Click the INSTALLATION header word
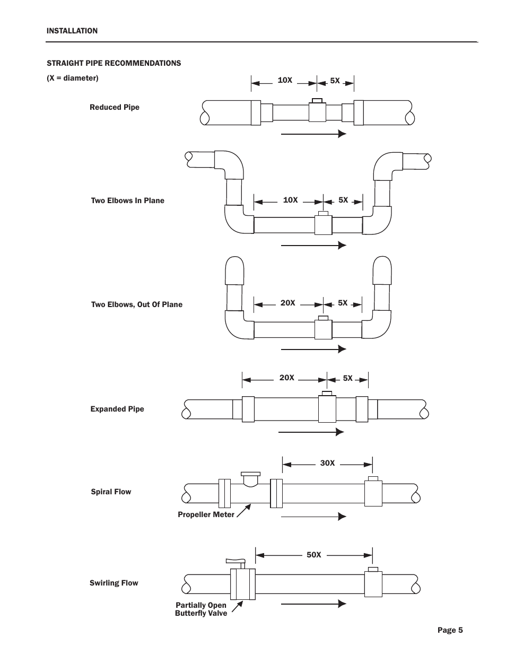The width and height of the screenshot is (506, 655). tap(72, 31)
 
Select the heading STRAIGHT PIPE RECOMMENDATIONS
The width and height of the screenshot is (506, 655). tap(114, 63)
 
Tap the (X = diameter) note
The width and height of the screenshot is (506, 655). tap(73, 78)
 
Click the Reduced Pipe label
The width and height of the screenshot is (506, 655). tap(115, 107)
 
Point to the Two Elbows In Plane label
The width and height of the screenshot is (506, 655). tap(128, 200)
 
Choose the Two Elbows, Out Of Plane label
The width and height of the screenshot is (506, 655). tap(137, 304)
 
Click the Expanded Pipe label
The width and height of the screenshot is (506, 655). tap(117, 409)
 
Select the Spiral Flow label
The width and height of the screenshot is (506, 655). tap(111, 492)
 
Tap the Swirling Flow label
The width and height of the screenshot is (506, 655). tap(114, 583)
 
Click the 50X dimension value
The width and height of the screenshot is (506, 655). tap(313, 555)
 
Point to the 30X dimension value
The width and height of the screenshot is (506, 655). tap(327, 462)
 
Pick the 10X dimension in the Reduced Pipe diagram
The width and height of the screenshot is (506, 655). tap(285, 80)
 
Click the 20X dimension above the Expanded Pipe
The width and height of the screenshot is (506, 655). tap(286, 378)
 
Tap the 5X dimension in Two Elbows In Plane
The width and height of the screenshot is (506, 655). tap(343, 200)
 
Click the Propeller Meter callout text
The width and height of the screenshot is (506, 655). tap(206, 514)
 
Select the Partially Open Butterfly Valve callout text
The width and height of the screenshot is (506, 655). tap(201, 609)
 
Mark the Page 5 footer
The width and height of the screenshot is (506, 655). tap(450, 630)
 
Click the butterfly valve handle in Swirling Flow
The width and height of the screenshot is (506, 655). tap(235, 561)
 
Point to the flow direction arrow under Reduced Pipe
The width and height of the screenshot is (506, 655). tap(313, 134)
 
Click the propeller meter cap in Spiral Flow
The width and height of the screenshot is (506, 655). tap(250, 474)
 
